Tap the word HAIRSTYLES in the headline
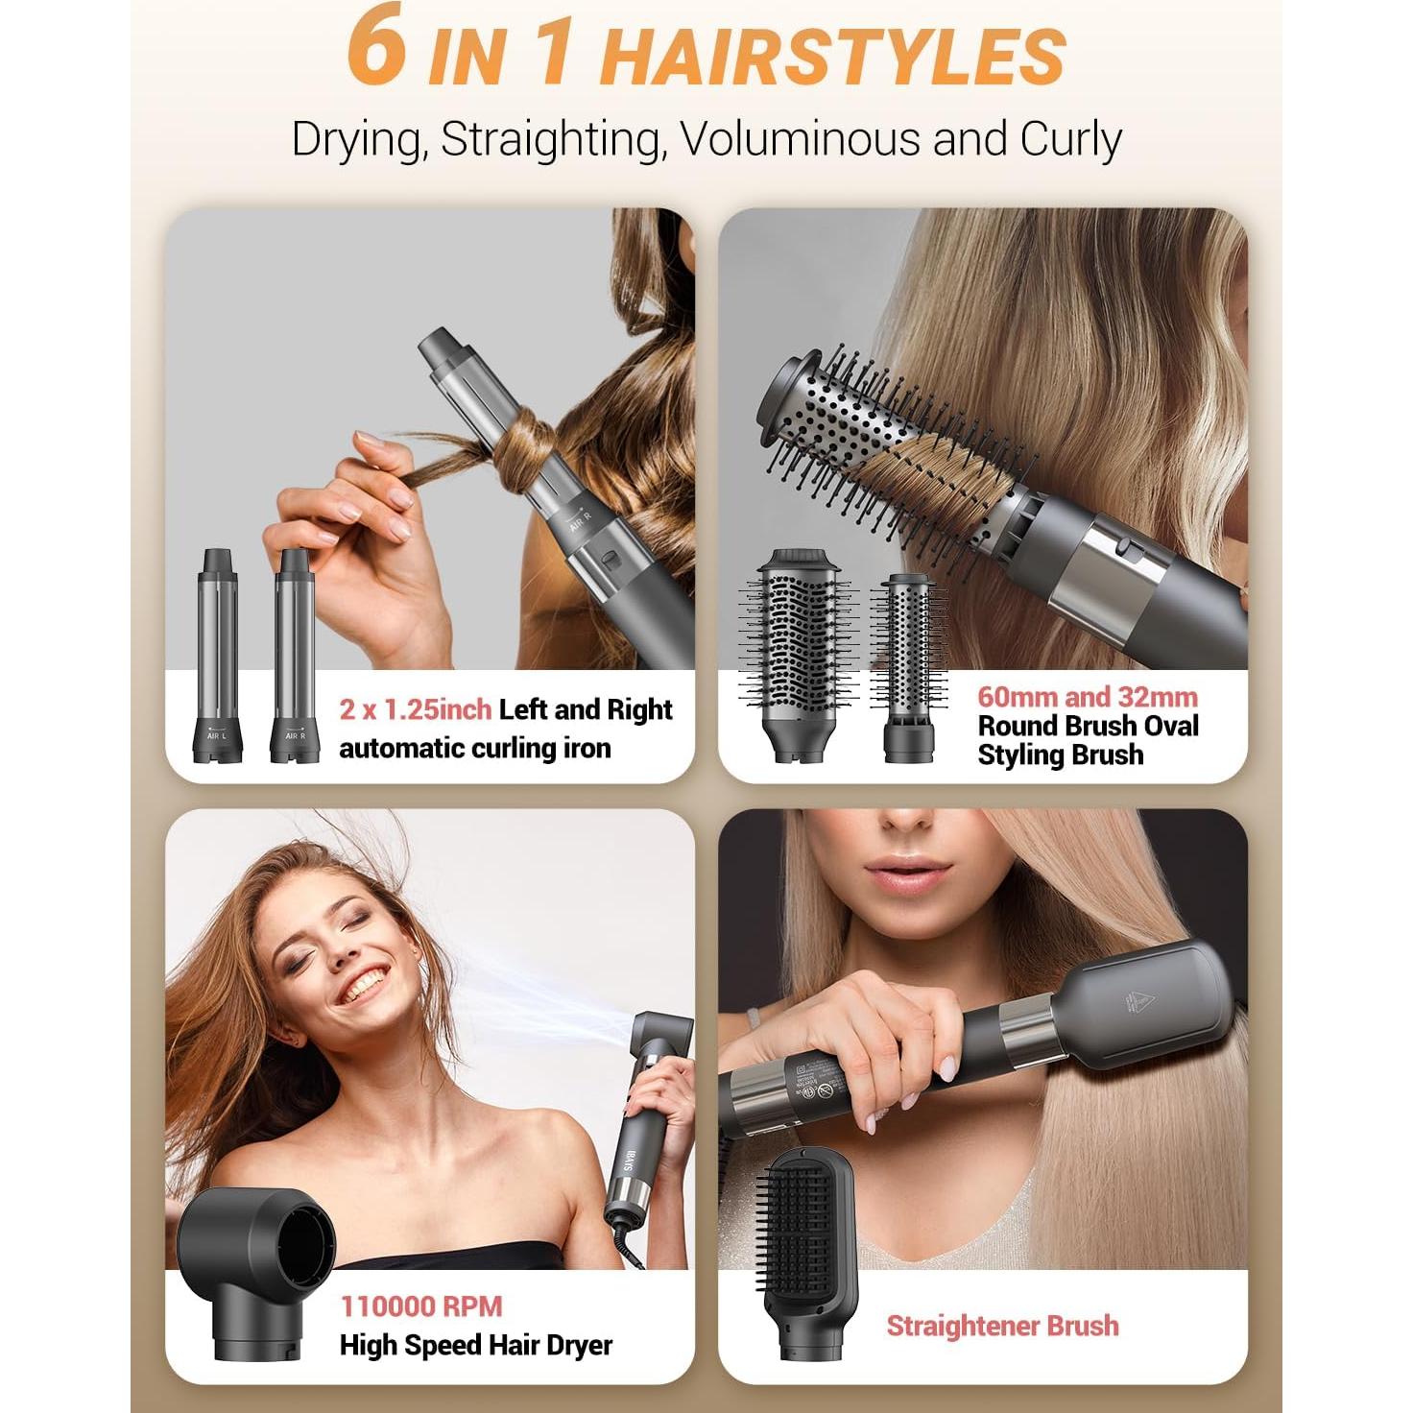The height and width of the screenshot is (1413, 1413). pyautogui.click(x=832, y=58)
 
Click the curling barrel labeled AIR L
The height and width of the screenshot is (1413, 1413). pyautogui.click(x=217, y=653)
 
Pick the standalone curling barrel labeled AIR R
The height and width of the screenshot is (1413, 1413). pyautogui.click(x=294, y=653)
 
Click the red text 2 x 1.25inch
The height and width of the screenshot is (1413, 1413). pyautogui.click(x=415, y=709)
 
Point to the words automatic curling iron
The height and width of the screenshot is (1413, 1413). pyautogui.click(x=474, y=748)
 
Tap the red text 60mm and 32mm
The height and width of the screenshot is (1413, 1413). pyautogui.click(x=1087, y=697)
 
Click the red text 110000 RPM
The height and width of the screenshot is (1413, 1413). pyautogui.click(x=420, y=1306)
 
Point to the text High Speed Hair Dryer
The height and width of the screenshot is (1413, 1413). pyautogui.click(x=475, y=1345)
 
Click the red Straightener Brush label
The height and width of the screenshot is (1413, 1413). pyautogui.click(x=1002, y=1326)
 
